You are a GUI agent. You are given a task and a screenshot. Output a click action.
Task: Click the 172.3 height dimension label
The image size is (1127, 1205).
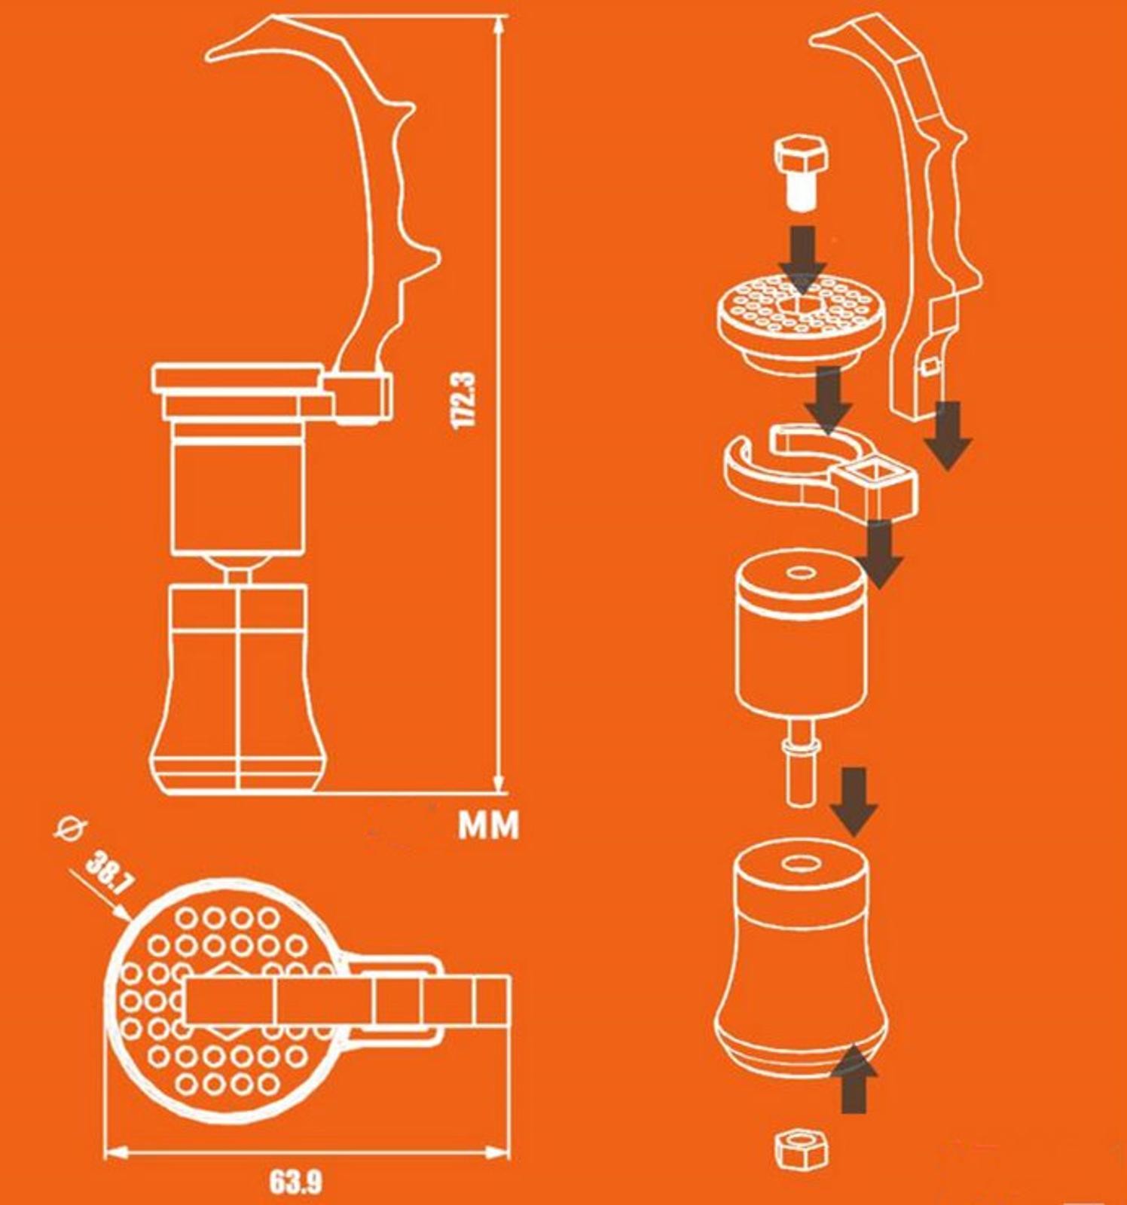point(464,399)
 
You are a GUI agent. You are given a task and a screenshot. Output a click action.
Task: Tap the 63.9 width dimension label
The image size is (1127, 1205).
point(295,1182)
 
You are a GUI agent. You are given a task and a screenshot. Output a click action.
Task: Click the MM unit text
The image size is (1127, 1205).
point(489,825)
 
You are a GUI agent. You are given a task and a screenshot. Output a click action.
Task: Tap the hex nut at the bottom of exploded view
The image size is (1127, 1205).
point(802,1149)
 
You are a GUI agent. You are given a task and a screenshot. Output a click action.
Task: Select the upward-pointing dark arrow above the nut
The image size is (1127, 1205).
point(854,1078)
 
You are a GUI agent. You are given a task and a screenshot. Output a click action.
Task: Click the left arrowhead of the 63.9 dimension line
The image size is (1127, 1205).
point(115,1152)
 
